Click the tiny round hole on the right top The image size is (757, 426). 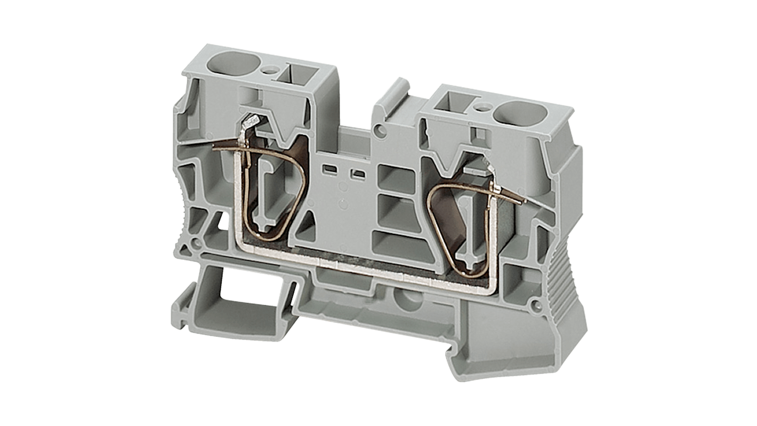483,108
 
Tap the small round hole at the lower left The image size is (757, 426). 196,242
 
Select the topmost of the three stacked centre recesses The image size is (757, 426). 396,177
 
